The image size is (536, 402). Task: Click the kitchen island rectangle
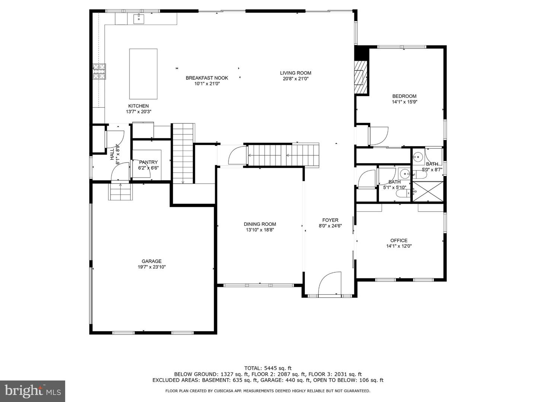pyautogui.click(x=143, y=74)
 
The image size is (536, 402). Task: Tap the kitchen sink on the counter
pyautogui.click(x=139, y=18)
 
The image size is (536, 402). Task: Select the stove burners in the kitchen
pyautogui.click(x=99, y=72)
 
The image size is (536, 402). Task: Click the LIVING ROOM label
pyautogui.click(x=296, y=73)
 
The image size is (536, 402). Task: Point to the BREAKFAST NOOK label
pyautogui.click(x=207, y=78)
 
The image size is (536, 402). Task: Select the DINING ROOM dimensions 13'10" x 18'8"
pyautogui.click(x=260, y=230)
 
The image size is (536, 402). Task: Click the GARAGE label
pyautogui.click(x=151, y=261)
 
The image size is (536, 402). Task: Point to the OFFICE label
pyautogui.click(x=399, y=240)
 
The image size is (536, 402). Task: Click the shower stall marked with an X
pyautogui.click(x=428, y=191)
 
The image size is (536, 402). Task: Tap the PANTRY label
pyautogui.click(x=149, y=162)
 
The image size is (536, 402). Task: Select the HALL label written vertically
pyautogui.click(x=112, y=154)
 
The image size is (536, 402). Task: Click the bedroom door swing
pyautogui.click(x=379, y=136)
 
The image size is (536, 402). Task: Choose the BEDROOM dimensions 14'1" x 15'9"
pyautogui.click(x=405, y=102)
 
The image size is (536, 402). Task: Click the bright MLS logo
pyautogui.click(x=32, y=391)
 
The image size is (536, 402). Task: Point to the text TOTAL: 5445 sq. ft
pyautogui.click(x=268, y=368)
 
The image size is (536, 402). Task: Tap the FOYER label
pyautogui.click(x=330, y=220)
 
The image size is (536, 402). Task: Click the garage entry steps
pyautogui.click(x=120, y=191)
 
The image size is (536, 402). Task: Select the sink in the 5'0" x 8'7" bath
pyautogui.click(x=418, y=156)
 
